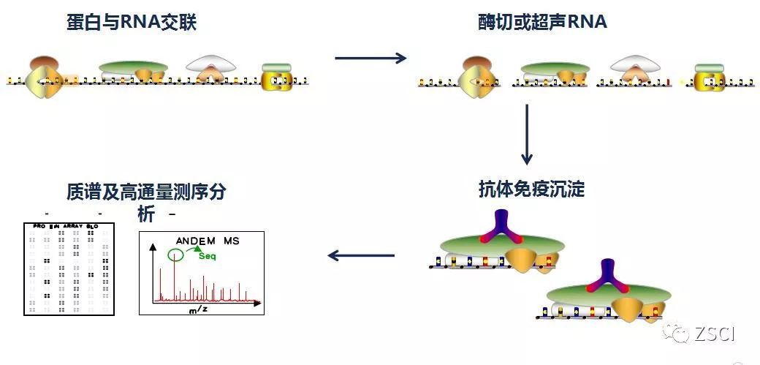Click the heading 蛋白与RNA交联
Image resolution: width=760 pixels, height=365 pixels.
(x=132, y=23)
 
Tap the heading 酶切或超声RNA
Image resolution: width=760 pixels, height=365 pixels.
(x=542, y=22)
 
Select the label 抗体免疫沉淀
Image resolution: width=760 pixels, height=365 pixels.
(x=531, y=189)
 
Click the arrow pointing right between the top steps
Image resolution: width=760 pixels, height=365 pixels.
(x=370, y=58)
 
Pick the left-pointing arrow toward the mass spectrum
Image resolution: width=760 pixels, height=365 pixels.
(x=361, y=255)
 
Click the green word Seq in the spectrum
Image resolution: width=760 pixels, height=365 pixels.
(x=207, y=255)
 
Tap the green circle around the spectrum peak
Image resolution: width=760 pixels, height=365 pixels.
(x=174, y=255)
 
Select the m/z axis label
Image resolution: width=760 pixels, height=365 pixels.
(x=197, y=309)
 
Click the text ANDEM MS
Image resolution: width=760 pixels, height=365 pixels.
(x=207, y=240)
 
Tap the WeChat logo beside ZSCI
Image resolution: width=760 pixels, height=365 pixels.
(x=678, y=334)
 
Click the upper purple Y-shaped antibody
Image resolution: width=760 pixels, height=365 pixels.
(x=502, y=226)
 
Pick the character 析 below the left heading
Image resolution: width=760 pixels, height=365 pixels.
(x=145, y=214)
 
